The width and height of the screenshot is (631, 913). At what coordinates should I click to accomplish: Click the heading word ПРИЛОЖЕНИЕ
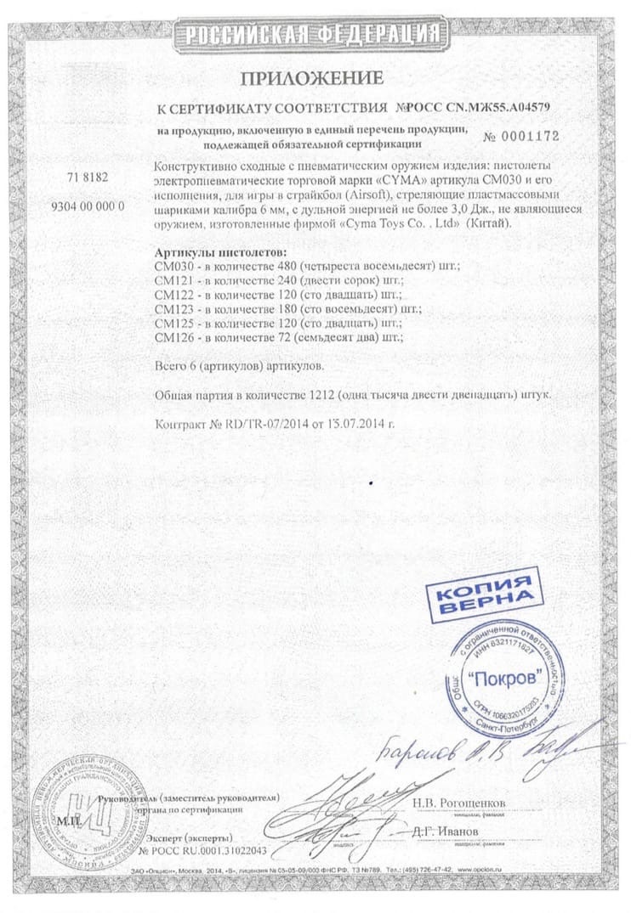tap(311, 79)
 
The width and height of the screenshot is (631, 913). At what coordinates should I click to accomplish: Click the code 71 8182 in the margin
tap(88, 178)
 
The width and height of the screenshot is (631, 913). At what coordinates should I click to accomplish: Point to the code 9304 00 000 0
tap(88, 207)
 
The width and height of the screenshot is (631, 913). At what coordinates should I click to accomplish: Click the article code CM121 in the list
tap(171, 281)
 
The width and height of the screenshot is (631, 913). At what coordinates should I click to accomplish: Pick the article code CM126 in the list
tap(171, 337)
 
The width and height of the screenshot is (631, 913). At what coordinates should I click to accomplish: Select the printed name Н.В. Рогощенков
tap(459, 802)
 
